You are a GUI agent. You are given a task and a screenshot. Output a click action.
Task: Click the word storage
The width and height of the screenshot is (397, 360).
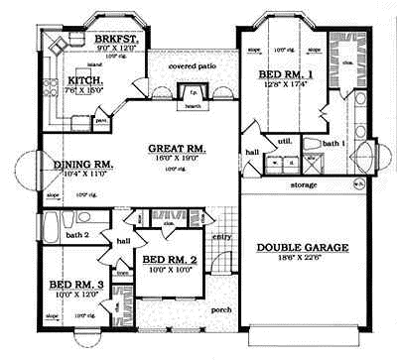pos(305,183)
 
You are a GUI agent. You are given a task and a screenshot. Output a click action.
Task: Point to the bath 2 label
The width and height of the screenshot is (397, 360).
pos(77,235)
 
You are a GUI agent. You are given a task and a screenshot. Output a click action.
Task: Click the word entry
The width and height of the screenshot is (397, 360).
pos(220,236)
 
